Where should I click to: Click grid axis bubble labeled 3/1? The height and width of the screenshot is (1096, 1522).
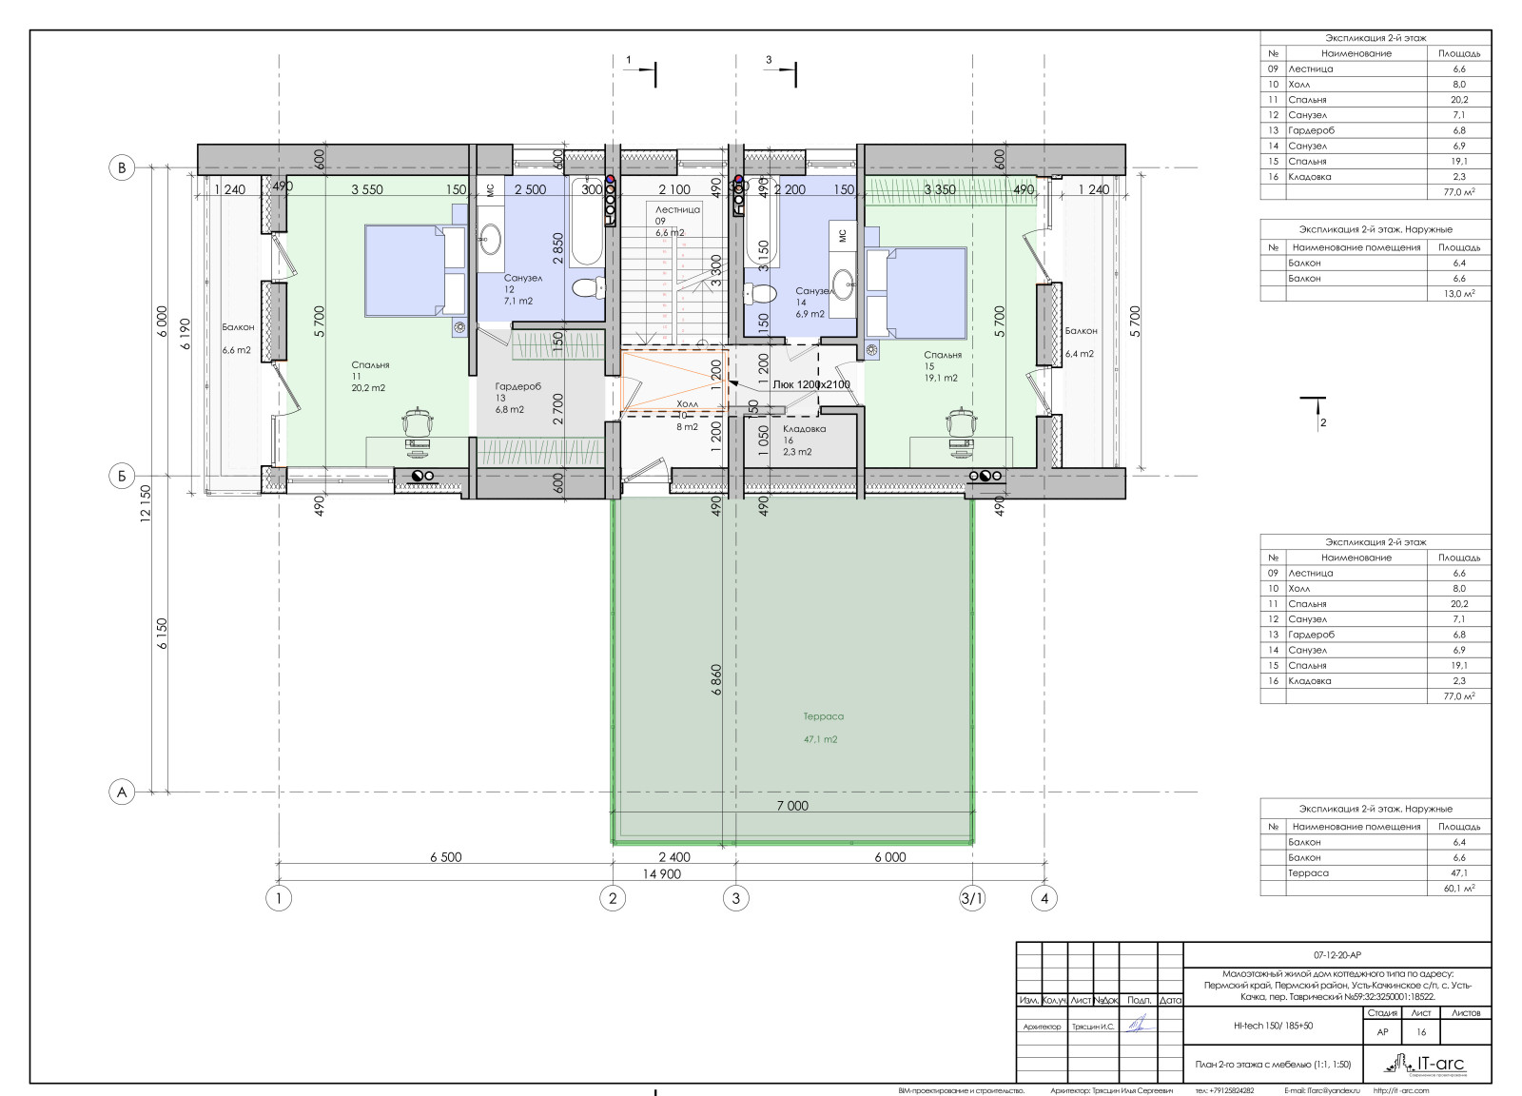[971, 897]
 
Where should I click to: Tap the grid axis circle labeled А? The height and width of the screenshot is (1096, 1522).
[121, 792]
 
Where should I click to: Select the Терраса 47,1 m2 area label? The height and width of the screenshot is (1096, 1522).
[823, 728]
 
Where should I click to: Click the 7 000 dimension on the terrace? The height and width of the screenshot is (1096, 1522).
[791, 806]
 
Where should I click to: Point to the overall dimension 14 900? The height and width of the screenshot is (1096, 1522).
[662, 874]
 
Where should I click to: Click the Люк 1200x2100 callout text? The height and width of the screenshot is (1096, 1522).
[810, 384]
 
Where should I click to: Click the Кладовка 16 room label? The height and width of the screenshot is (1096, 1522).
[804, 440]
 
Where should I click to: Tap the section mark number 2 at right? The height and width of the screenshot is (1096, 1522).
[1322, 422]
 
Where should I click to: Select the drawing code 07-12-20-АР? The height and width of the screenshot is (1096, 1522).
[1337, 954]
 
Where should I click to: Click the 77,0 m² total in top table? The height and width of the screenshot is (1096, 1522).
[1460, 192]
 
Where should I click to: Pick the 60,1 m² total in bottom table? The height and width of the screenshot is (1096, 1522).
[1460, 888]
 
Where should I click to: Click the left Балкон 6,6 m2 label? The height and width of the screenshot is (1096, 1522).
[237, 338]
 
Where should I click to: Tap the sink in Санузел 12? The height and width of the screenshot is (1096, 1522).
[491, 237]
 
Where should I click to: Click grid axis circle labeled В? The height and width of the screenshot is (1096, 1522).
[121, 168]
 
